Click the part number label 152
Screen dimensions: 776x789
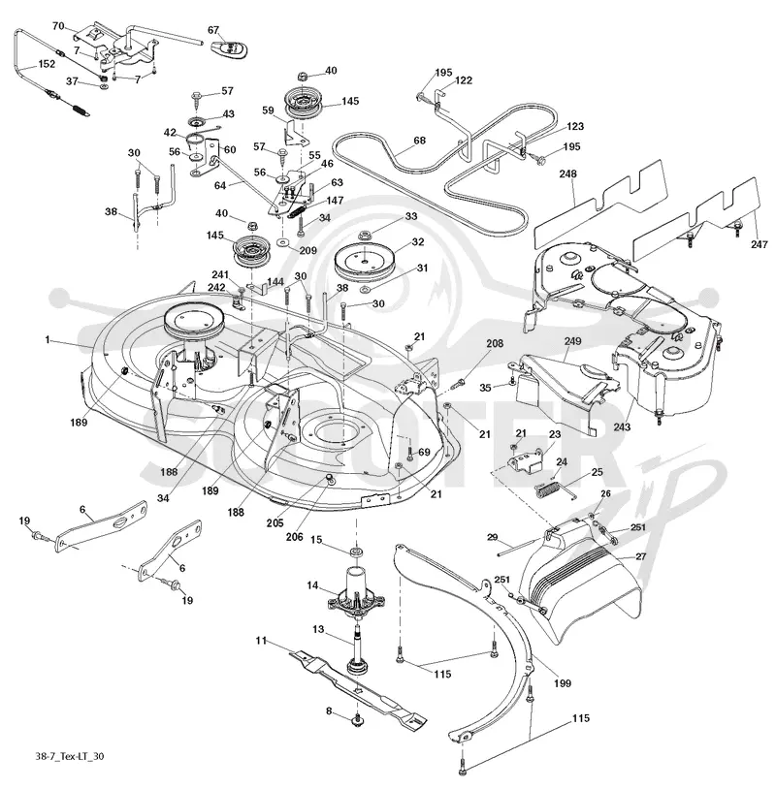47,64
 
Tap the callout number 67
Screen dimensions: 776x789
213,30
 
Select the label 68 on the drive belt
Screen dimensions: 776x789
419,141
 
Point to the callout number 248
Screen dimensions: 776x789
567,174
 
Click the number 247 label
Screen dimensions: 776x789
759,244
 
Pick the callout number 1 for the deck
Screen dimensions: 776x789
48,340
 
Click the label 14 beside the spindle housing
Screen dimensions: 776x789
312,585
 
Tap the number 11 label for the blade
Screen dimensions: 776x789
260,641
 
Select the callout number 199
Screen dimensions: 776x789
562,683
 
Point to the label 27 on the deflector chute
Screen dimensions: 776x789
640,556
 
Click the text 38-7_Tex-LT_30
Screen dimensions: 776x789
70,756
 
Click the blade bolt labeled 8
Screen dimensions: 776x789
358,720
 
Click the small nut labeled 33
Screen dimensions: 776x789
364,235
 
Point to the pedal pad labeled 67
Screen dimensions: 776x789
229,48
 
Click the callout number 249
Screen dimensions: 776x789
572,341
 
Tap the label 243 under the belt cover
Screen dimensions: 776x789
622,426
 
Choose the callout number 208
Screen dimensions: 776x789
495,343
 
